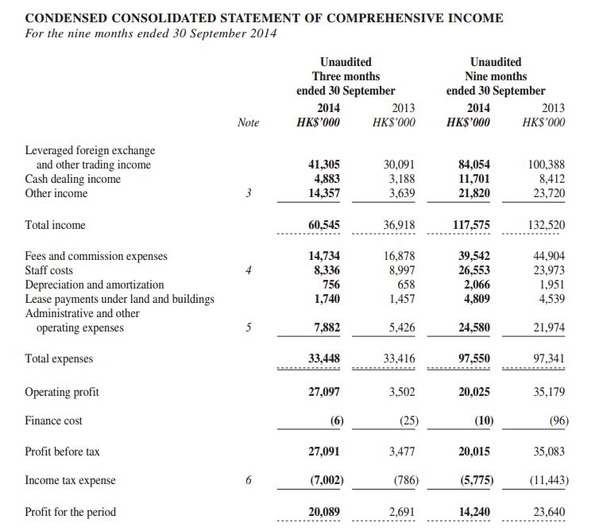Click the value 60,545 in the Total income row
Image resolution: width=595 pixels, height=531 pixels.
tap(324, 225)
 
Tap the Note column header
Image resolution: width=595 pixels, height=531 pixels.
tap(248, 122)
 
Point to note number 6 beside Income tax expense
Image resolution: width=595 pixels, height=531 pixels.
tap(249, 480)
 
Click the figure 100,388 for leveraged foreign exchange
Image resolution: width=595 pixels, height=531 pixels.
tap(547, 165)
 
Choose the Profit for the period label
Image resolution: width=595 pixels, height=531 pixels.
tap(70, 512)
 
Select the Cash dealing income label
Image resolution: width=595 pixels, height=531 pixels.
tap(73, 179)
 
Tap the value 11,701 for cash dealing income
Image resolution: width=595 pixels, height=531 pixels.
tap(474, 179)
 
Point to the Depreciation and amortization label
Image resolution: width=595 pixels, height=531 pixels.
tap(95, 285)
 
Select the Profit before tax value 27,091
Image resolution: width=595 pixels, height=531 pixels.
tap(324, 452)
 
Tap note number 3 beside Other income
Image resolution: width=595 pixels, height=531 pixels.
tap(249, 193)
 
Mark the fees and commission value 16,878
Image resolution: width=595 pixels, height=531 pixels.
tap(400, 256)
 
